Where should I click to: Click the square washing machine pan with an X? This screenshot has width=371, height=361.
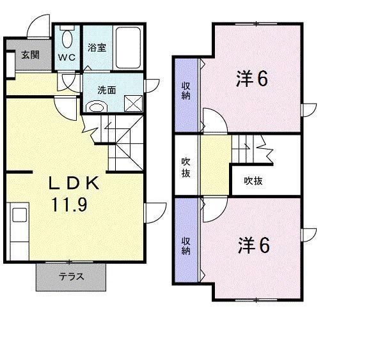click(132, 102)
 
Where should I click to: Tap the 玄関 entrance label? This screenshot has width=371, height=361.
click(30, 55)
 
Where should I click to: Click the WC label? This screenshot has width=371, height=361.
click(67, 57)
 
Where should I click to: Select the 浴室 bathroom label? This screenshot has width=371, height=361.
click(97, 47)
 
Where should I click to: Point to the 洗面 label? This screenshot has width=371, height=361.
click(107, 90)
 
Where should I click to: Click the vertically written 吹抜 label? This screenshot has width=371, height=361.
click(185, 167)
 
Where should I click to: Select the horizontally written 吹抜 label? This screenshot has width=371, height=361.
click(253, 181)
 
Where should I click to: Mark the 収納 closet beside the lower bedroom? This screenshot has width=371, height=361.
click(185, 246)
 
